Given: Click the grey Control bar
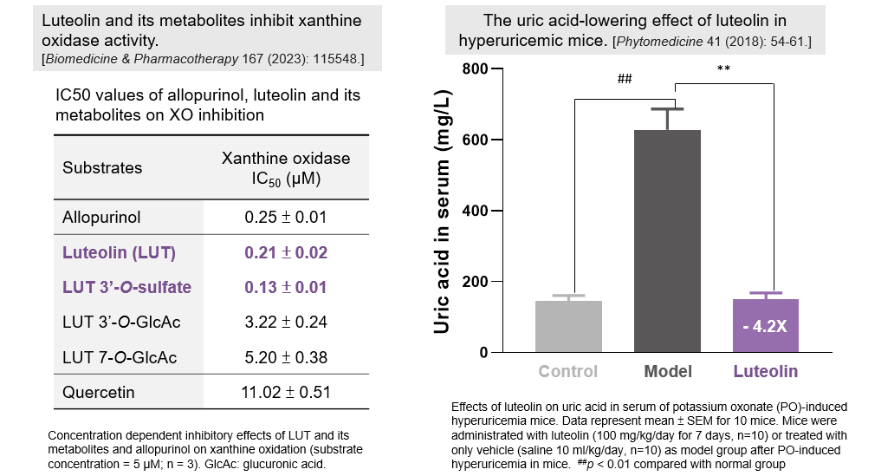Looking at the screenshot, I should [568, 326].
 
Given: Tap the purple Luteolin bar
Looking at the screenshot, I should [766, 312].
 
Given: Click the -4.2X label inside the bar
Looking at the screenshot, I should [766, 328].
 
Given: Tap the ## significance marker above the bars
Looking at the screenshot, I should [625, 79].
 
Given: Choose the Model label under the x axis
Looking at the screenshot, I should [668, 372].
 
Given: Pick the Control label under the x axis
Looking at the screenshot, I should [568, 372].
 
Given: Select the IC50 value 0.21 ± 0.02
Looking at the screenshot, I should [286, 253].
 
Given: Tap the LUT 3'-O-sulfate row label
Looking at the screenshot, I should [126, 287].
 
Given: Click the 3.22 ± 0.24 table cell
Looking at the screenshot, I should [286, 322].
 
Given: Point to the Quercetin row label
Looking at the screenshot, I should [99, 392].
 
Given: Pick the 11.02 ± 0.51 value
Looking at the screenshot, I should [286, 392].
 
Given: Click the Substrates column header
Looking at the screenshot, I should [102, 167].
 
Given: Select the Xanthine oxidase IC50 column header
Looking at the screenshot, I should [286, 167].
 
